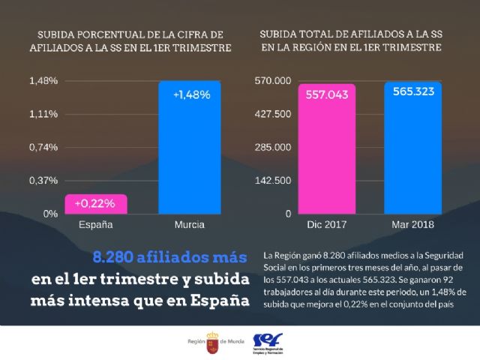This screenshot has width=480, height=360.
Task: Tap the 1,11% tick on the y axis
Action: click(43, 114)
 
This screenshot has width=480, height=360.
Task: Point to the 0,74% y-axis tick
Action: click(43, 147)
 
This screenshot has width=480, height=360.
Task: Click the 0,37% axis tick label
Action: click(43, 180)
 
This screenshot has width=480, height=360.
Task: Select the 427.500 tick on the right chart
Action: click(274, 114)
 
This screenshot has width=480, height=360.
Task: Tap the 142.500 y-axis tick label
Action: click(274, 180)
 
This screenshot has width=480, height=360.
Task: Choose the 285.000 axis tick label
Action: click(274, 147)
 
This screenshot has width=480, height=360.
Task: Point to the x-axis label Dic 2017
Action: click(327, 225)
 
